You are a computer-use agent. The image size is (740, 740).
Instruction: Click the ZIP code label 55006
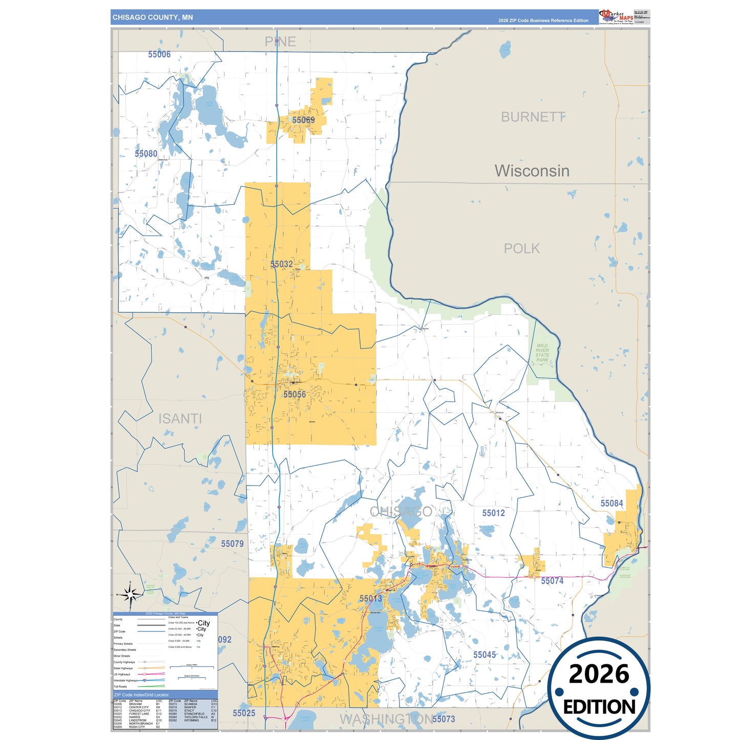pos(159,54)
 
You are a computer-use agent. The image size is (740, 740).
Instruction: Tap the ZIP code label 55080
pos(146,154)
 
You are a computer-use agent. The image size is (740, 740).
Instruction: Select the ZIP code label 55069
pos(303,120)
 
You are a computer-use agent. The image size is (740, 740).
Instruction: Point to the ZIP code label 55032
pos(282,264)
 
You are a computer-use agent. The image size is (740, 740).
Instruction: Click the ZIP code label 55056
pos(294,394)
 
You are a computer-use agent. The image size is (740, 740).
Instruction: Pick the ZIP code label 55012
pos(493,513)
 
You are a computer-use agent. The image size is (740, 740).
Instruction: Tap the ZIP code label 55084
pos(611,503)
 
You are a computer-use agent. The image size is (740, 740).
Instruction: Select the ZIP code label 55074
pos(552,581)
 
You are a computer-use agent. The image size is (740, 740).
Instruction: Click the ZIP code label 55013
pos(371,598)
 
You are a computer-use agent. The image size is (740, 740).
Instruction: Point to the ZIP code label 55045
pos(484,655)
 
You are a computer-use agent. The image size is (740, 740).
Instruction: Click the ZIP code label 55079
pos(232,544)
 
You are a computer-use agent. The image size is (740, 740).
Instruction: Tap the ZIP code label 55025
pos(244,713)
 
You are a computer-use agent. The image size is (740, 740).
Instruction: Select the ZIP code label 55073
pos(443,719)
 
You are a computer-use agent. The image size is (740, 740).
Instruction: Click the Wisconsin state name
pos(532,171)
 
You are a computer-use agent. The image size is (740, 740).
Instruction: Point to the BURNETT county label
pos(533,117)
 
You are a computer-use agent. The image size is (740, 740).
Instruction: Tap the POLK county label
pos(522,248)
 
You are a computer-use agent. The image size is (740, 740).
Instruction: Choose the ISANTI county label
pos(180,419)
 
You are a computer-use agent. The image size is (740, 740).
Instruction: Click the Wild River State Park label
pos(542,353)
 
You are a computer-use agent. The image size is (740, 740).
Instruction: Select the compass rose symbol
pos(130,595)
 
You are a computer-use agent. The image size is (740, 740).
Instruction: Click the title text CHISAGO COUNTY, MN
pos(153,17)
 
